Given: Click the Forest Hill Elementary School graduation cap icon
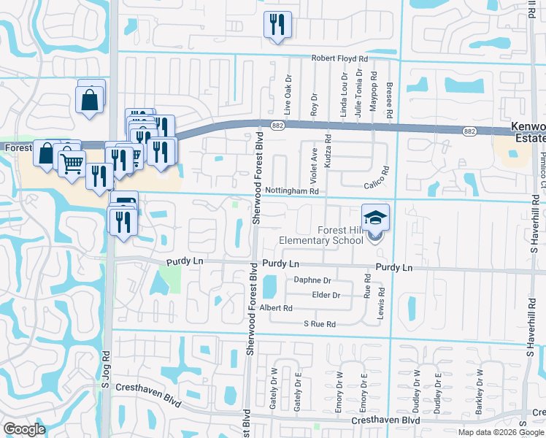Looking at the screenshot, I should [375, 217].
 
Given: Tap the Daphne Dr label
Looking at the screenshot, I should [312, 280].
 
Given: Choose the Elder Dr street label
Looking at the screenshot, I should [326, 295].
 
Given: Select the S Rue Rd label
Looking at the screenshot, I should [320, 323].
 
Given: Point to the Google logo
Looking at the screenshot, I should [24, 429].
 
